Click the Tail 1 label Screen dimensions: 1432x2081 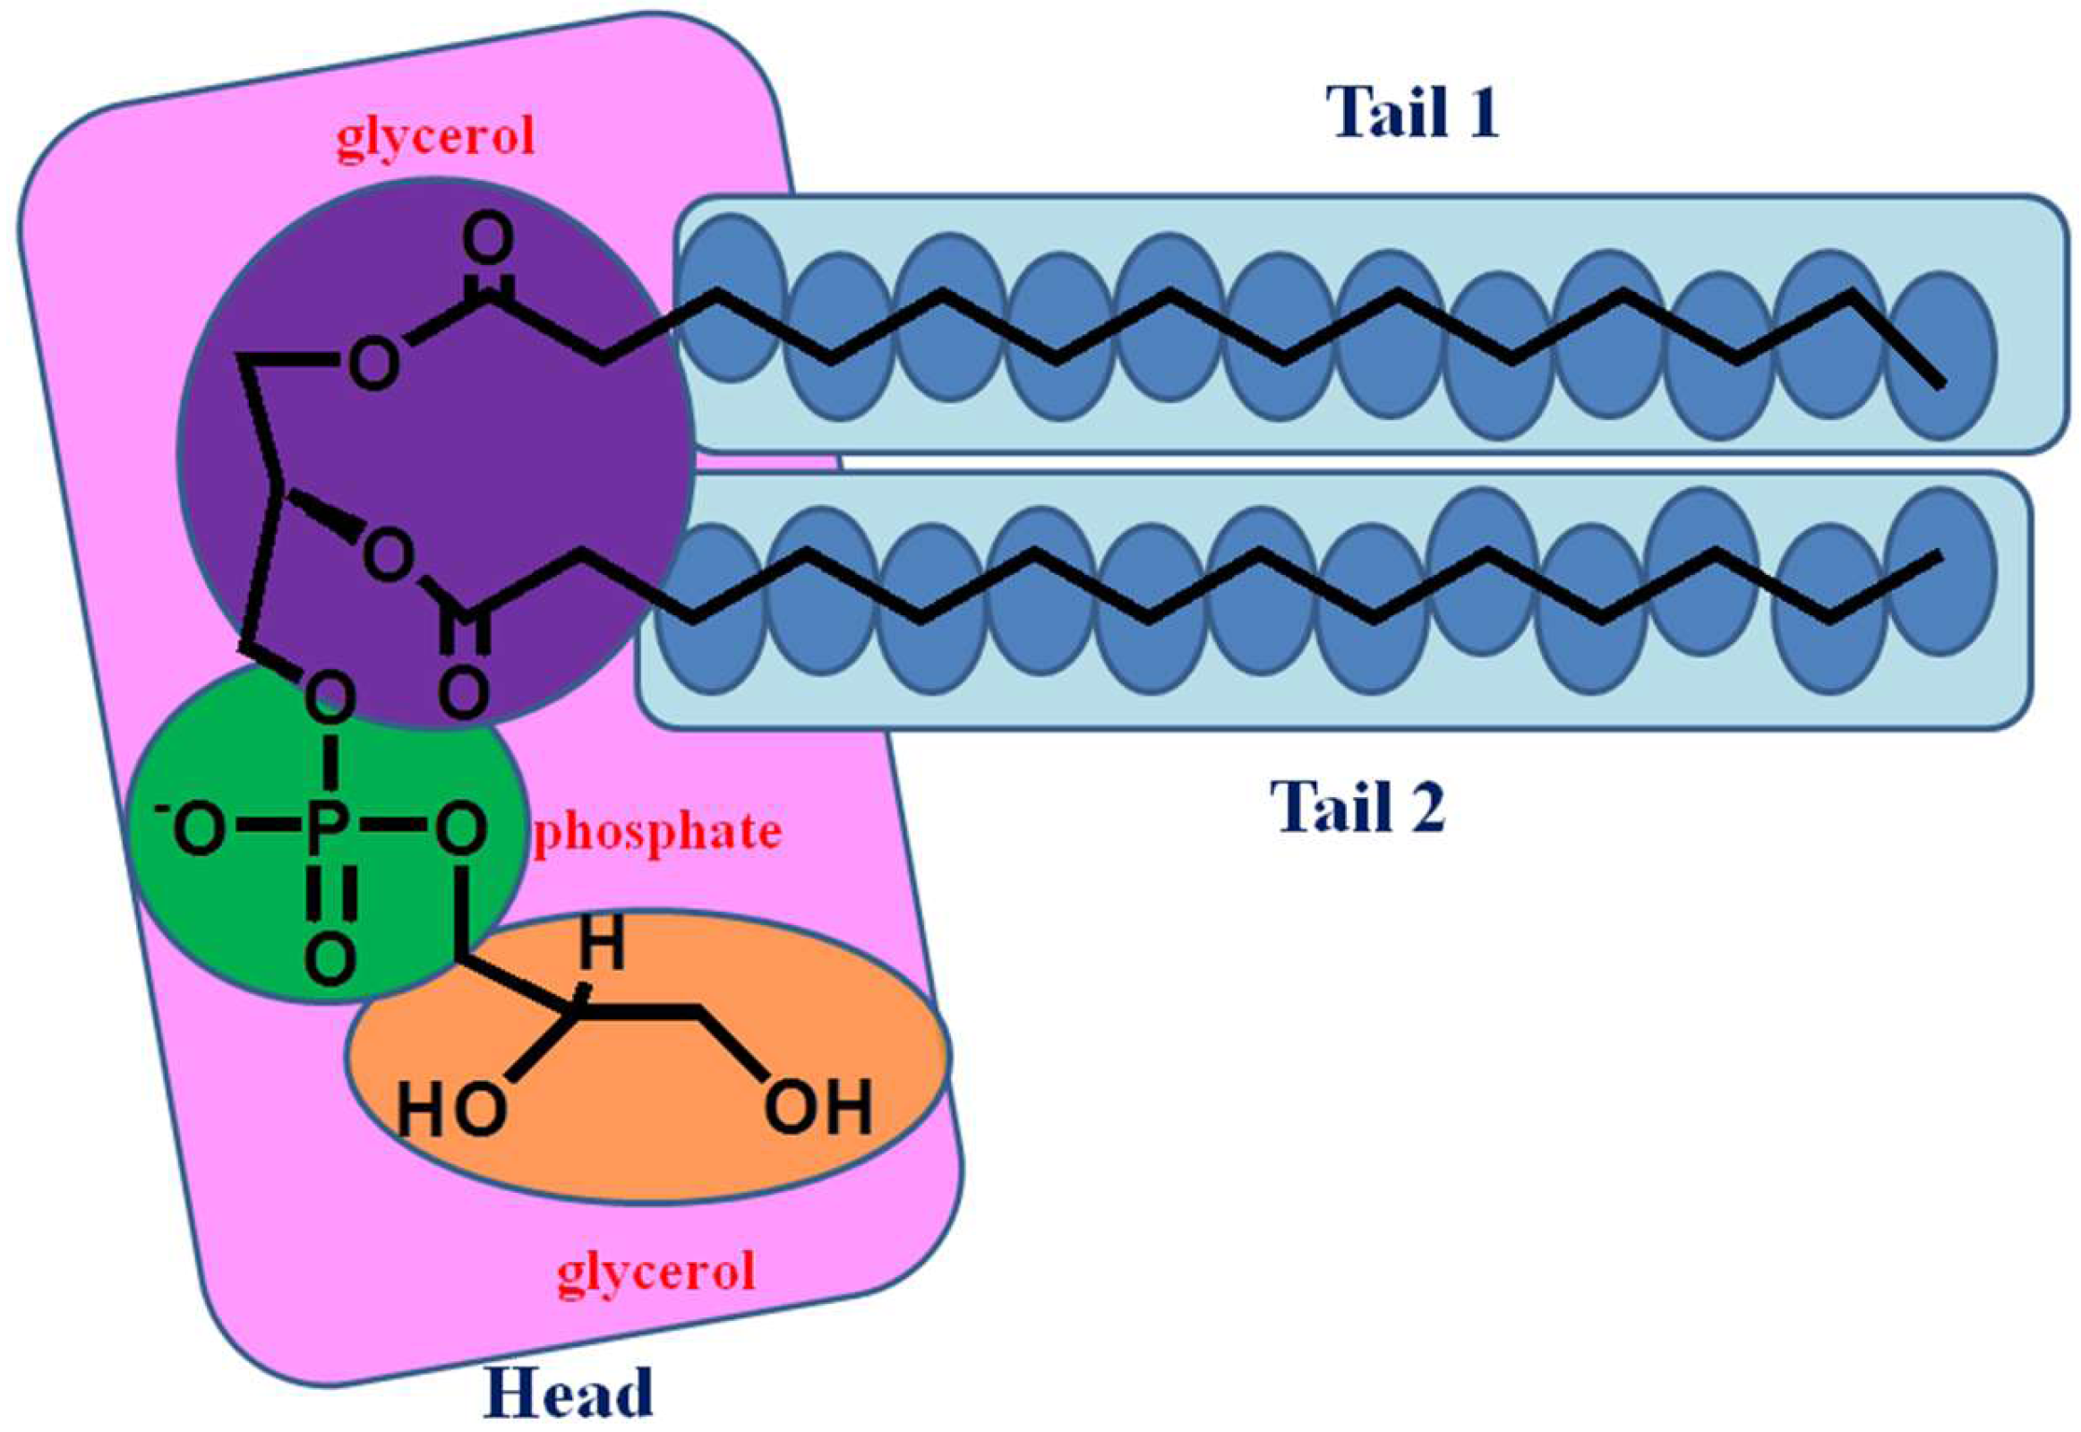[x=1413, y=114]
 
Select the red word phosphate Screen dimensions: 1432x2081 [x=657, y=833]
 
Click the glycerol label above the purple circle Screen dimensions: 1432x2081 [x=436, y=137]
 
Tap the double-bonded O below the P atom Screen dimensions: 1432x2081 [x=329, y=958]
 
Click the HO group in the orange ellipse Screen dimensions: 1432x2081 [x=451, y=1108]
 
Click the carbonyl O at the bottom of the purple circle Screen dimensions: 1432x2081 [x=463, y=692]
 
